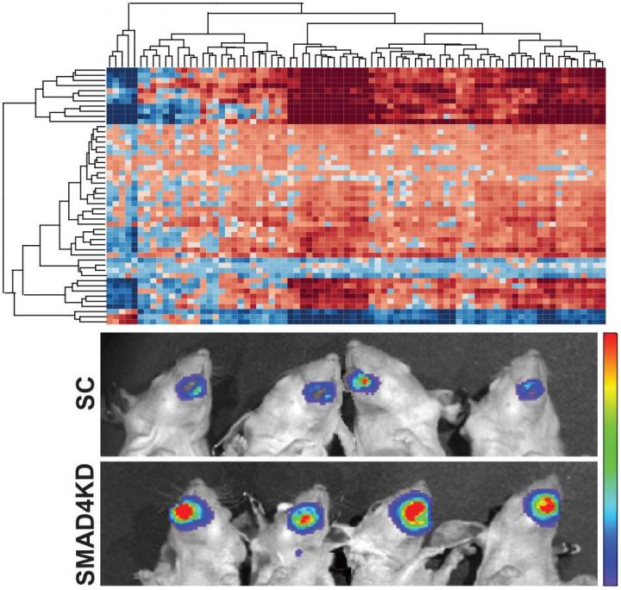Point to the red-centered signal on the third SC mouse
coord(362,378)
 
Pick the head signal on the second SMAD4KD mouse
coord(304,518)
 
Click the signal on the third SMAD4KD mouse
coord(413,512)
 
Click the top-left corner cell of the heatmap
coord(110,71)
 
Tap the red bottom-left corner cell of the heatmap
coord(110,321)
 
